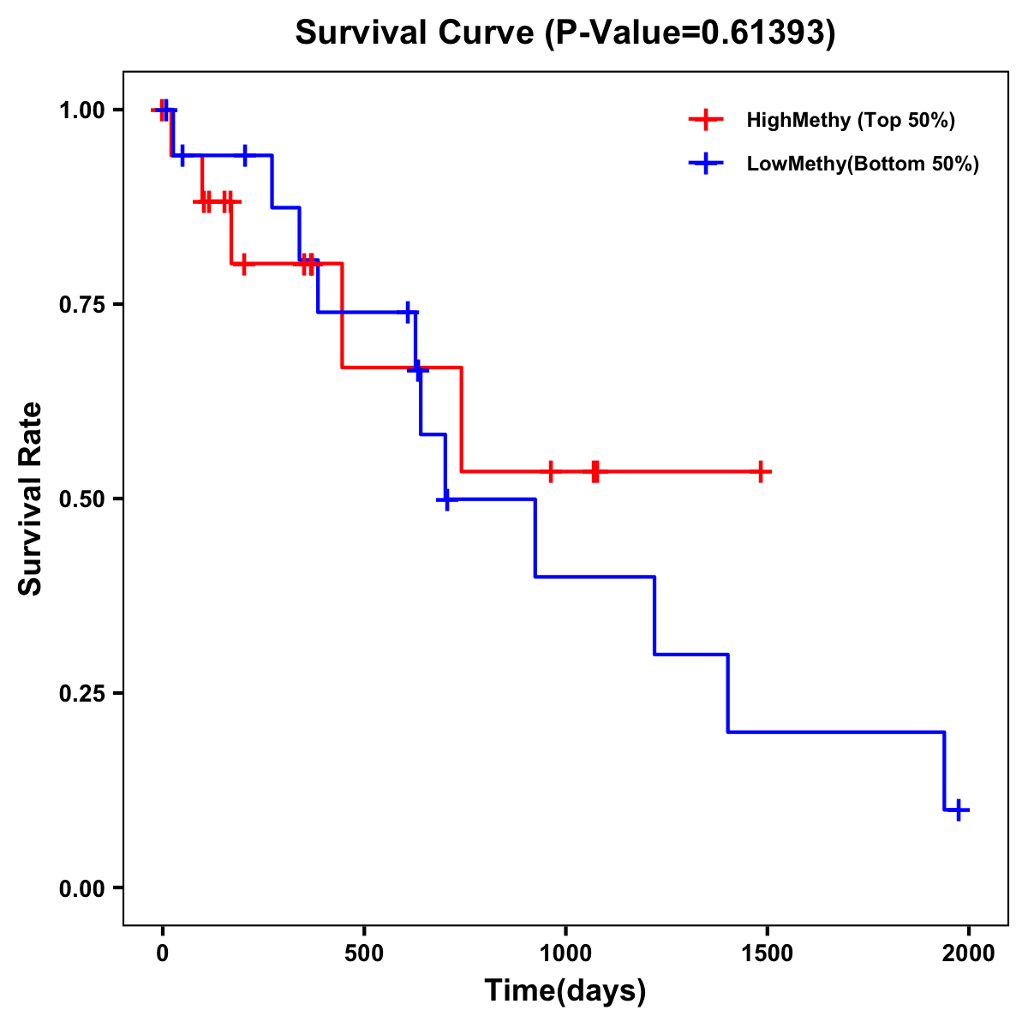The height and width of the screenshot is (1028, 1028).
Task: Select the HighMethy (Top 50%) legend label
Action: [850, 120]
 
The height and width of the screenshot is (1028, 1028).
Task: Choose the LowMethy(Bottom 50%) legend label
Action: [862, 164]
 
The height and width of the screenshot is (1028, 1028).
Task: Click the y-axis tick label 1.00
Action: [81, 111]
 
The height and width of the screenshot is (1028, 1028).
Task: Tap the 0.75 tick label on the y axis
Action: [81, 305]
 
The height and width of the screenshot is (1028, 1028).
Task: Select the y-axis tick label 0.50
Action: [81, 499]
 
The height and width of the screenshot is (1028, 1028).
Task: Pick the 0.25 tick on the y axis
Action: [81, 694]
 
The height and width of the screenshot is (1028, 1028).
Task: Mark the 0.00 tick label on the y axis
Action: [81, 888]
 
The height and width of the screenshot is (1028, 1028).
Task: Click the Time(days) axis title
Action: [565, 991]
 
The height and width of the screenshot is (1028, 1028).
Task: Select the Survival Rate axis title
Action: [31, 499]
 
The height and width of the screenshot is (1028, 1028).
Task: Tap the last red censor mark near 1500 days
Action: [760, 471]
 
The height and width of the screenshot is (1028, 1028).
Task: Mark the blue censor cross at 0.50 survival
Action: [445, 499]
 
